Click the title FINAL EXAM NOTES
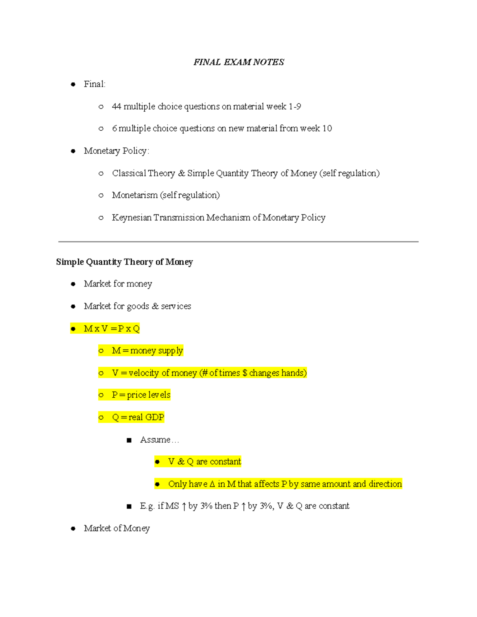tap(238, 62)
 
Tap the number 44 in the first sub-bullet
tap(116, 106)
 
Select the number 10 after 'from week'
tap(327, 128)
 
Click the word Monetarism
tap(134, 195)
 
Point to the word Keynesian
tap(132, 217)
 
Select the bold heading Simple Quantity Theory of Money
tap(124, 262)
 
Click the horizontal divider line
tap(238, 242)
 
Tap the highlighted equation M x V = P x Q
tap(112, 329)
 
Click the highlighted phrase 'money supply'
tap(157, 350)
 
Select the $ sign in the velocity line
tap(245, 373)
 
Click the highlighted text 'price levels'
tap(149, 395)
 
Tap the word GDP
tap(155, 417)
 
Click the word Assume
tap(155, 439)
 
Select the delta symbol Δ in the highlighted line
tap(212, 484)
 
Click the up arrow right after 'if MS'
tap(184, 506)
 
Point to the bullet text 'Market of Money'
tap(117, 528)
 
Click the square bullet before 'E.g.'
tap(129, 507)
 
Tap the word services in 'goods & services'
tap(176, 306)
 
